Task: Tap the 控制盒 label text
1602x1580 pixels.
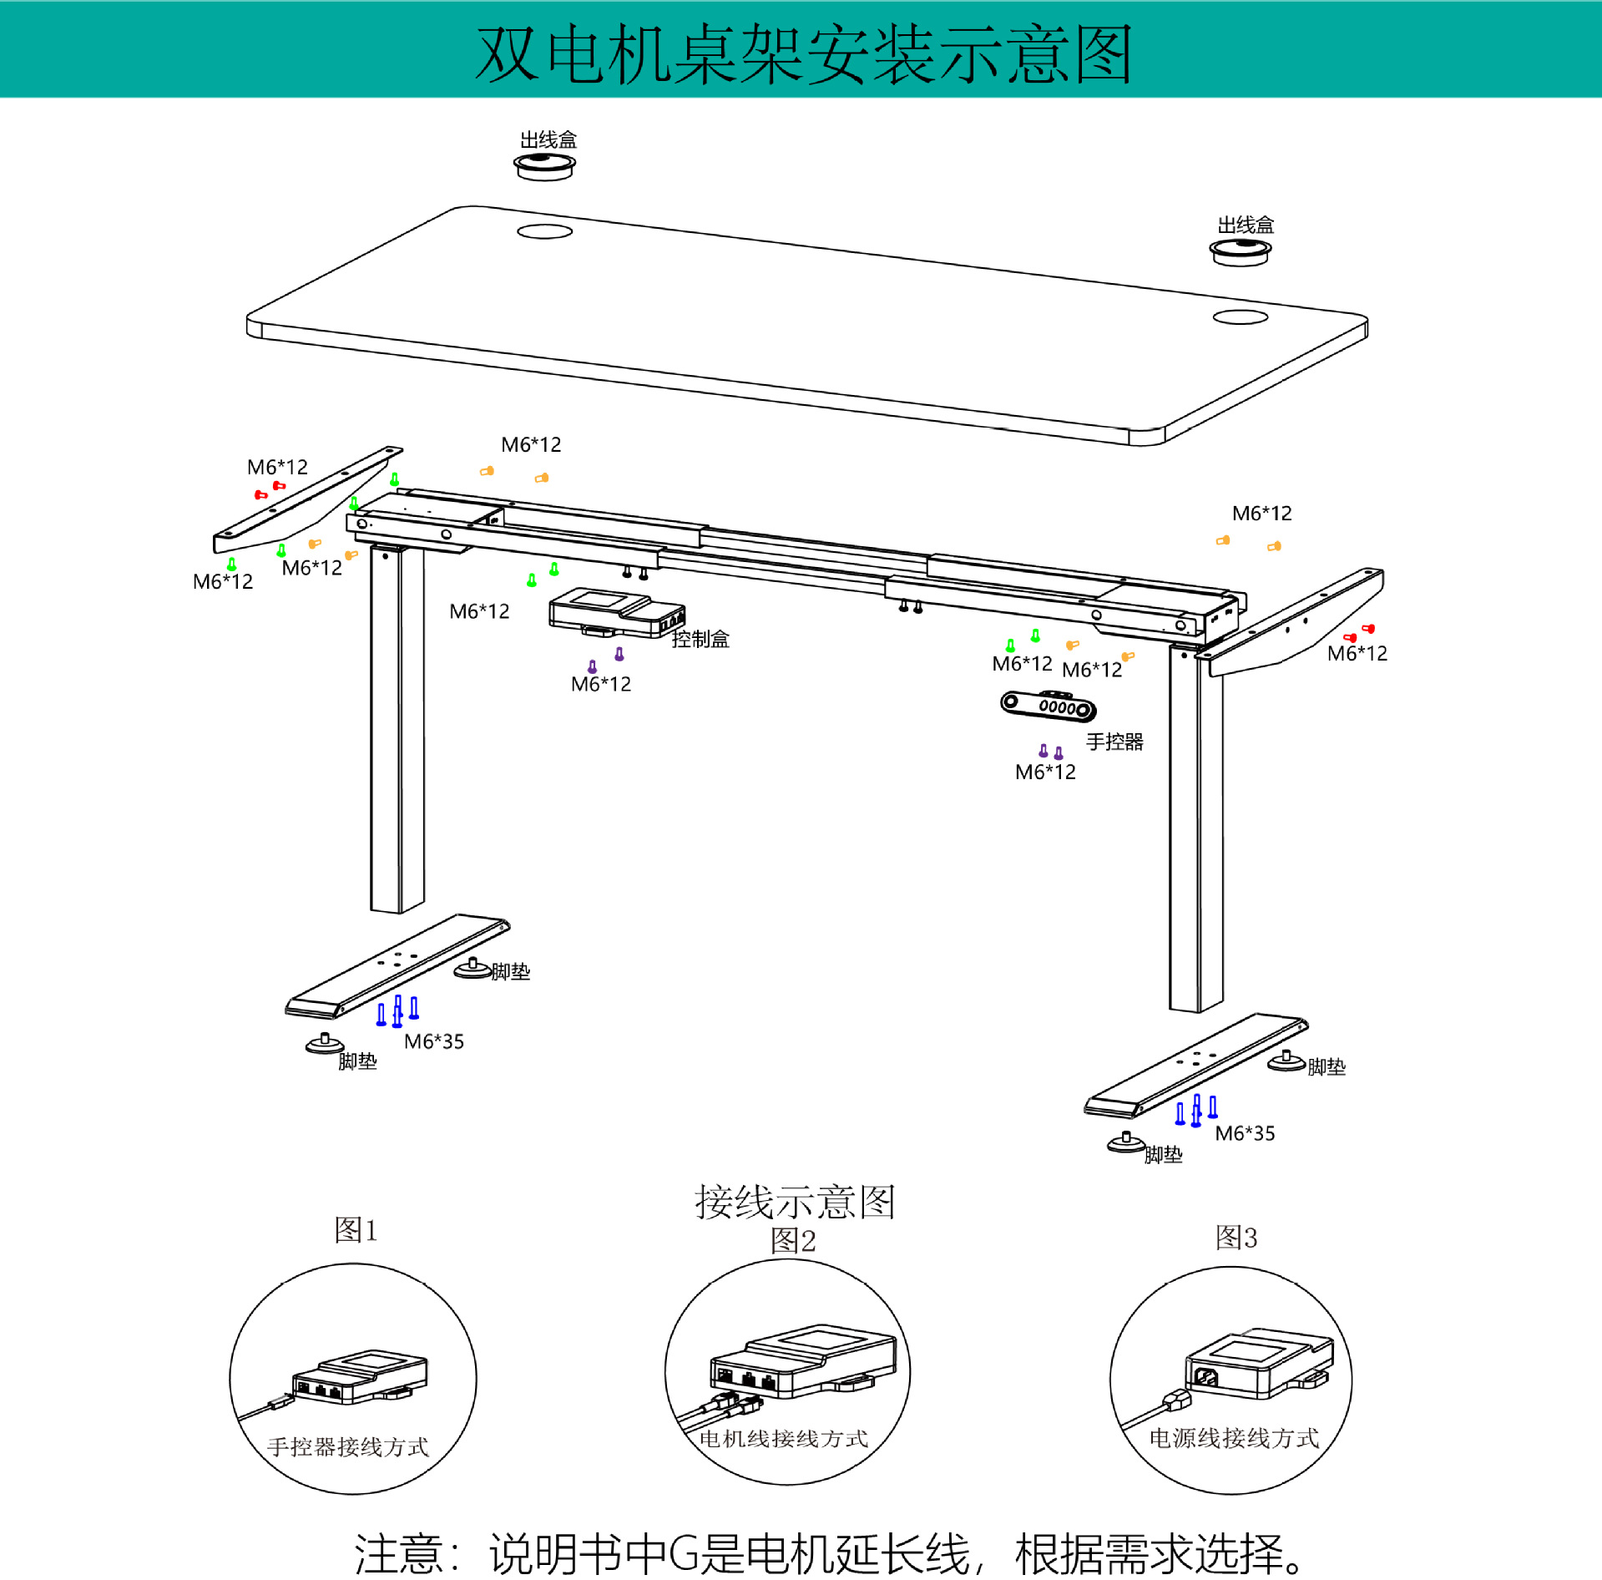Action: point(700,639)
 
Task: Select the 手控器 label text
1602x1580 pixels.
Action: point(1114,742)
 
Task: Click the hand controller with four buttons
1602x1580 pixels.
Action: point(1049,706)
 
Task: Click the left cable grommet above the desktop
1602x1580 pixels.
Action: point(544,165)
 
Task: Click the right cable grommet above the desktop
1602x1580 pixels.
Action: point(1241,251)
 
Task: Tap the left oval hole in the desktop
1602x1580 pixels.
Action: point(544,231)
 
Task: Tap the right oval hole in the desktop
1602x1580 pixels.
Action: point(1241,317)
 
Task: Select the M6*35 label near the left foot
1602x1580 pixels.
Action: point(433,1041)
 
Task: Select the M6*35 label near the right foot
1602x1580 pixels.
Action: point(1245,1133)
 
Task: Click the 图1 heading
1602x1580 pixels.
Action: point(356,1229)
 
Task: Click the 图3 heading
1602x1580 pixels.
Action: point(1236,1237)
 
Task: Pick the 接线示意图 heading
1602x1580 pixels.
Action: point(795,1202)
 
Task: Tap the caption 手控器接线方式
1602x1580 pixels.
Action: point(348,1446)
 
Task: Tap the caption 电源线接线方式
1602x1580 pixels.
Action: point(1234,1437)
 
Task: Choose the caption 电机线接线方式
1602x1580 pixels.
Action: point(784,1438)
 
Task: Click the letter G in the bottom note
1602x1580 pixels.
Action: point(684,1553)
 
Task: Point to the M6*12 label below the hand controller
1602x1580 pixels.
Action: point(1045,772)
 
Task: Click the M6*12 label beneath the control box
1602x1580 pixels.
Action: point(600,685)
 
